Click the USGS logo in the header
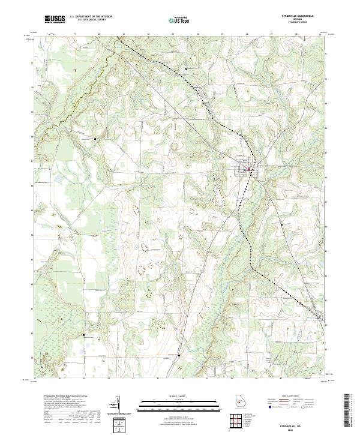55,19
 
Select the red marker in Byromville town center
248,170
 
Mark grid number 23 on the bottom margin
182,379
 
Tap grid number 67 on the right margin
326,152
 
